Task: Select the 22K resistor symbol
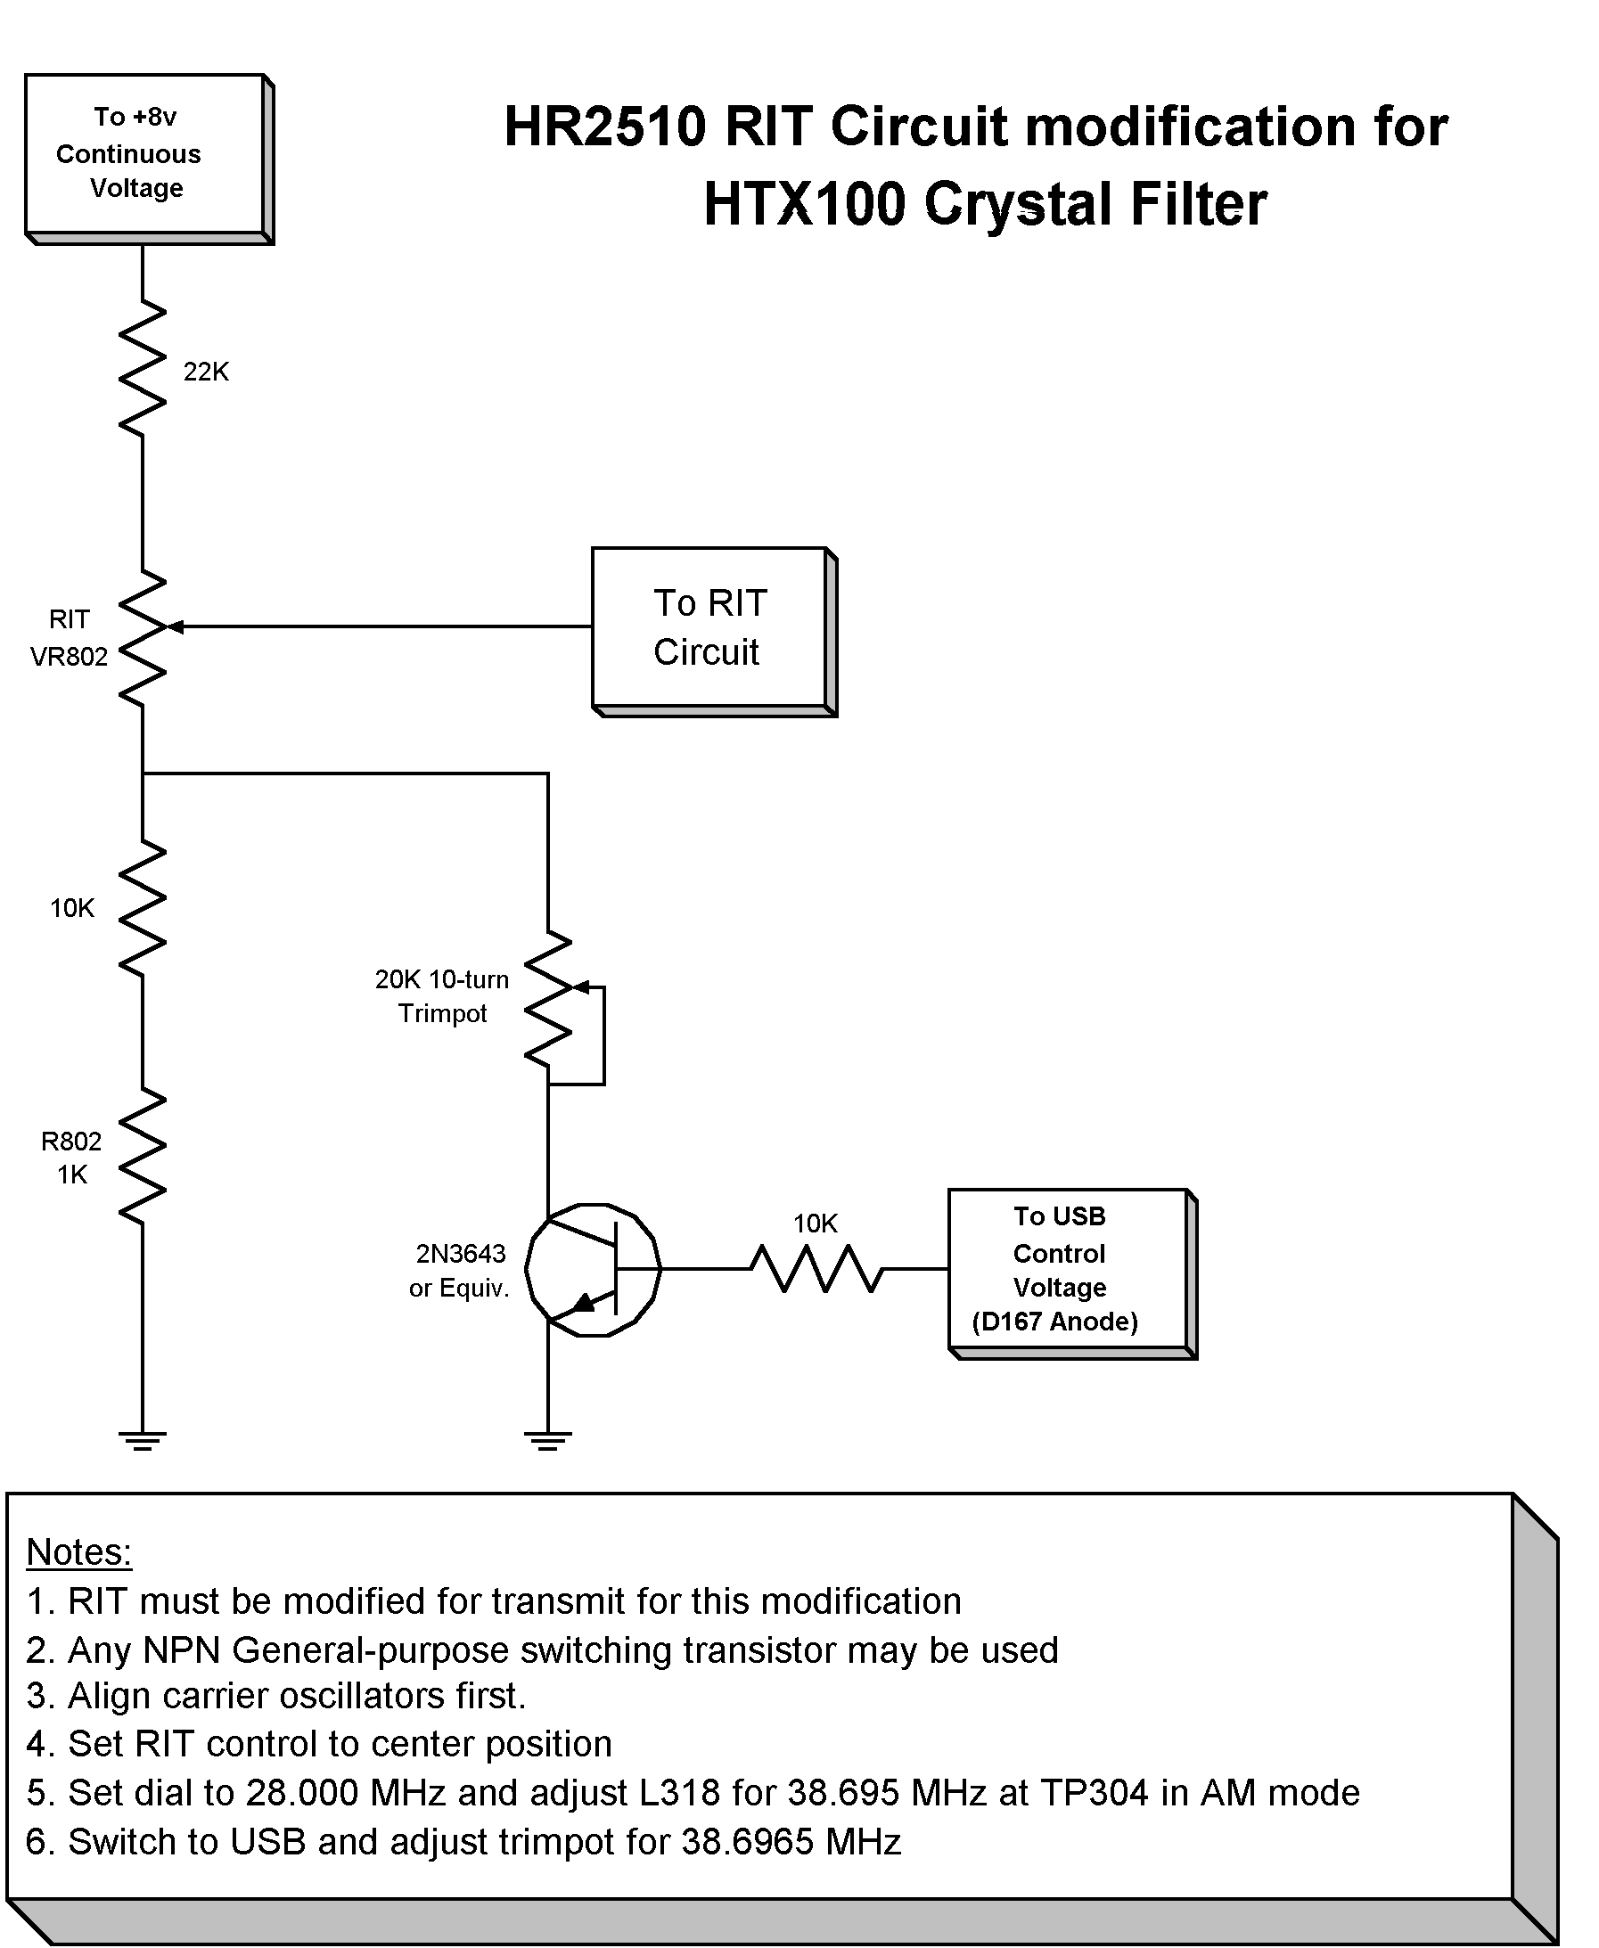143,368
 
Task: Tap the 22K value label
205,372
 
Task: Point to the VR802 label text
70,657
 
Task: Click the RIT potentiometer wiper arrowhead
175,627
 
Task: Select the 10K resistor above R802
143,908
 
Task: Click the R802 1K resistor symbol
143,1157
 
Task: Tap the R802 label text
71,1142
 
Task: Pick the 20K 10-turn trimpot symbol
549,1000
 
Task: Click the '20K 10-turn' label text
441,980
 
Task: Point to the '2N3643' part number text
461,1255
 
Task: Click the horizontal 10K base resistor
817,1269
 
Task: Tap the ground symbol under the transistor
548,1439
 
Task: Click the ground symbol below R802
143,1439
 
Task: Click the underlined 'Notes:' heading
79,1552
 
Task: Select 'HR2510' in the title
605,127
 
